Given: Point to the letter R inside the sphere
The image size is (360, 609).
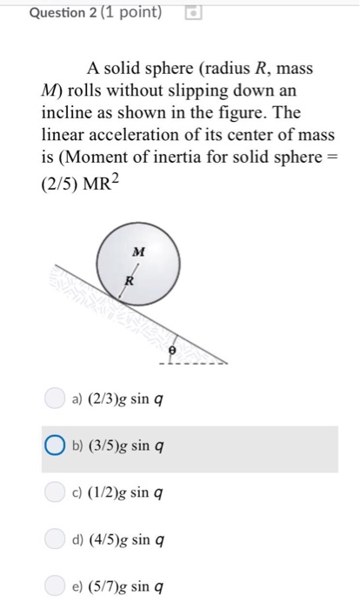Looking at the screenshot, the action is click(129, 281).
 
